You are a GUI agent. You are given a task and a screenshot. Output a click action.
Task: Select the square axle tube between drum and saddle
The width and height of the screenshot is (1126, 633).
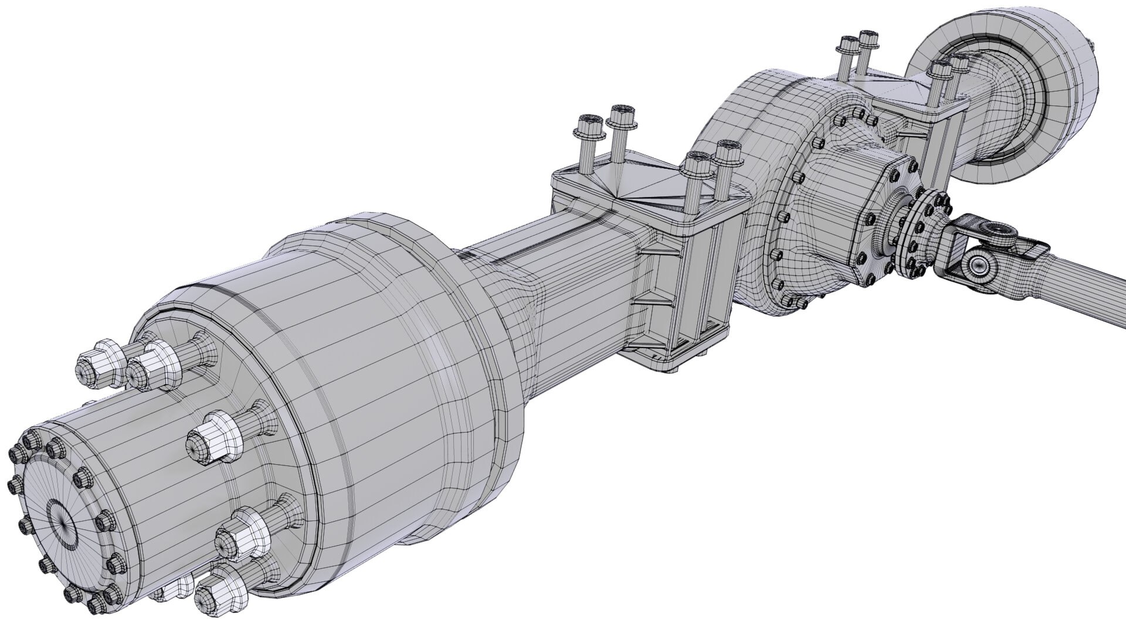(x=563, y=275)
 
